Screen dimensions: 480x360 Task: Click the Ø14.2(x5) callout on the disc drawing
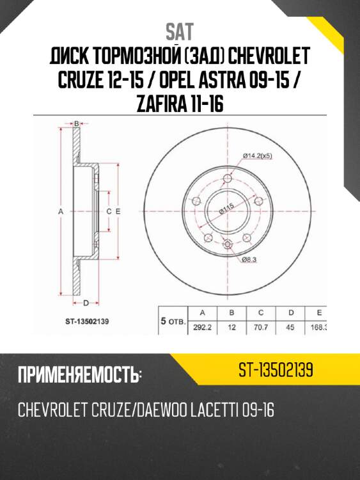click(260, 154)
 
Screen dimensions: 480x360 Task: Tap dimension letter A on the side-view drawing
click(61, 211)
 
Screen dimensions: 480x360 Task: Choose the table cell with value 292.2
click(203, 326)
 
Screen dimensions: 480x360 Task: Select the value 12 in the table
click(232, 326)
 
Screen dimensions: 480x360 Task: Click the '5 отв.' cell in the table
click(172, 321)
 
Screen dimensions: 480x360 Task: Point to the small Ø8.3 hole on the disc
click(228, 243)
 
